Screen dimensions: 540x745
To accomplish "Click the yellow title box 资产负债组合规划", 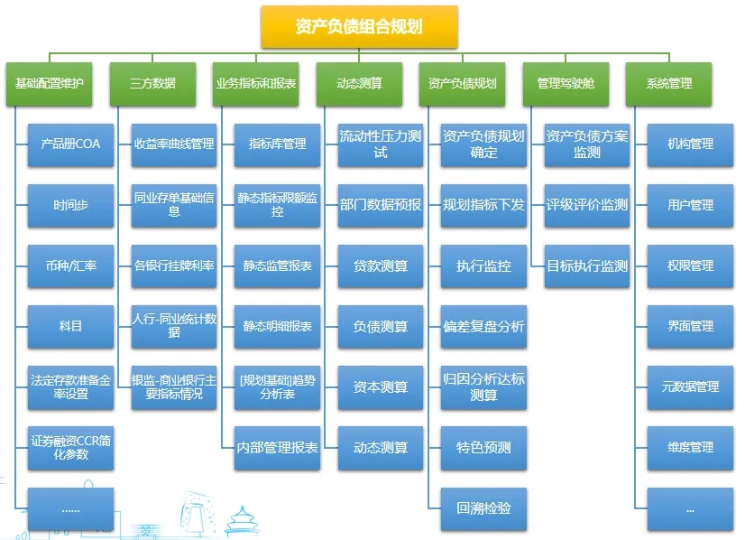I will tap(359, 27).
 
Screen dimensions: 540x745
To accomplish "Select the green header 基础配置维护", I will tap(50, 83).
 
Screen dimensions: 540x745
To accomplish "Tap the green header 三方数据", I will tap(152, 83).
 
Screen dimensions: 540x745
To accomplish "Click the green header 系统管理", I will tap(668, 83).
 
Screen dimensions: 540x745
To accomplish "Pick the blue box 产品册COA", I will tap(70, 144).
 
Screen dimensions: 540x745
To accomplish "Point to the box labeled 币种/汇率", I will tap(70, 265).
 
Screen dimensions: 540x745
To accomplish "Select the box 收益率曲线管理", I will tap(174, 144).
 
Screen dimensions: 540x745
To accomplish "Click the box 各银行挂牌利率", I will tap(174, 265).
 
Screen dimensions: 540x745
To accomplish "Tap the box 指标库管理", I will tap(277, 144).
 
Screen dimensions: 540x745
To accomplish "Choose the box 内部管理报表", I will tap(277, 448).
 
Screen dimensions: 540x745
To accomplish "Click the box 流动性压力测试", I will tap(381, 144).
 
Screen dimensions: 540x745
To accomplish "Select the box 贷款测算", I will tap(381, 265).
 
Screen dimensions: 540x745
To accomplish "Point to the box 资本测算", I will tap(381, 387).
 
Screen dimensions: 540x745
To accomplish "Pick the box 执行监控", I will tap(483, 265).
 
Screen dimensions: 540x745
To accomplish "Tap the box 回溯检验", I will tap(483, 508).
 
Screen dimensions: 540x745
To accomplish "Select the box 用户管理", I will tap(690, 205).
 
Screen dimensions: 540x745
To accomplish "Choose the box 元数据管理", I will tap(690, 387).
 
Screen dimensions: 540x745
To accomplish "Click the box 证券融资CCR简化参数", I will tap(70, 448).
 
